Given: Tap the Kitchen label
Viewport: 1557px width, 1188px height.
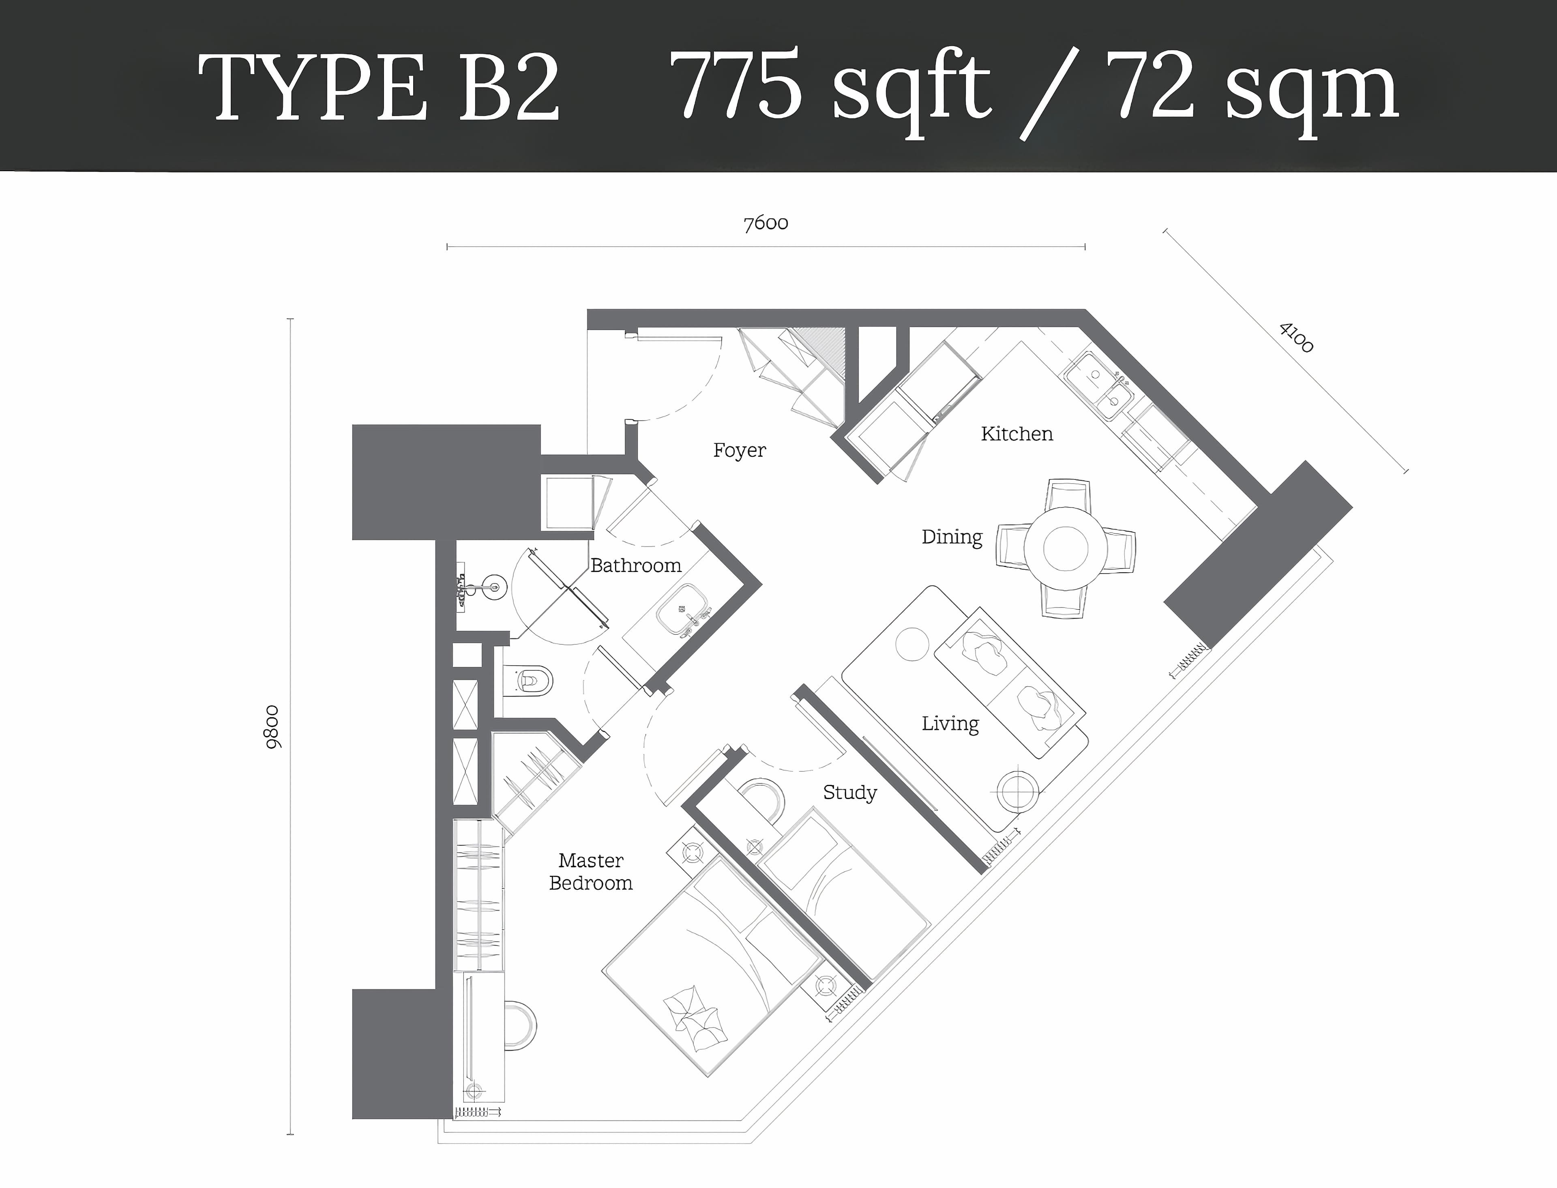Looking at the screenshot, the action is (x=1017, y=434).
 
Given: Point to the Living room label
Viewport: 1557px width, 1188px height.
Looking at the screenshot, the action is (x=950, y=724).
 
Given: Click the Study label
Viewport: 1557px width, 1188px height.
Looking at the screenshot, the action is (x=849, y=793).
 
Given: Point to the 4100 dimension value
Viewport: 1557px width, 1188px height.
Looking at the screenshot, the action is (x=1296, y=337).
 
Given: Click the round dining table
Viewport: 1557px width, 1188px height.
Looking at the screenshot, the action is (x=1066, y=548).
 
